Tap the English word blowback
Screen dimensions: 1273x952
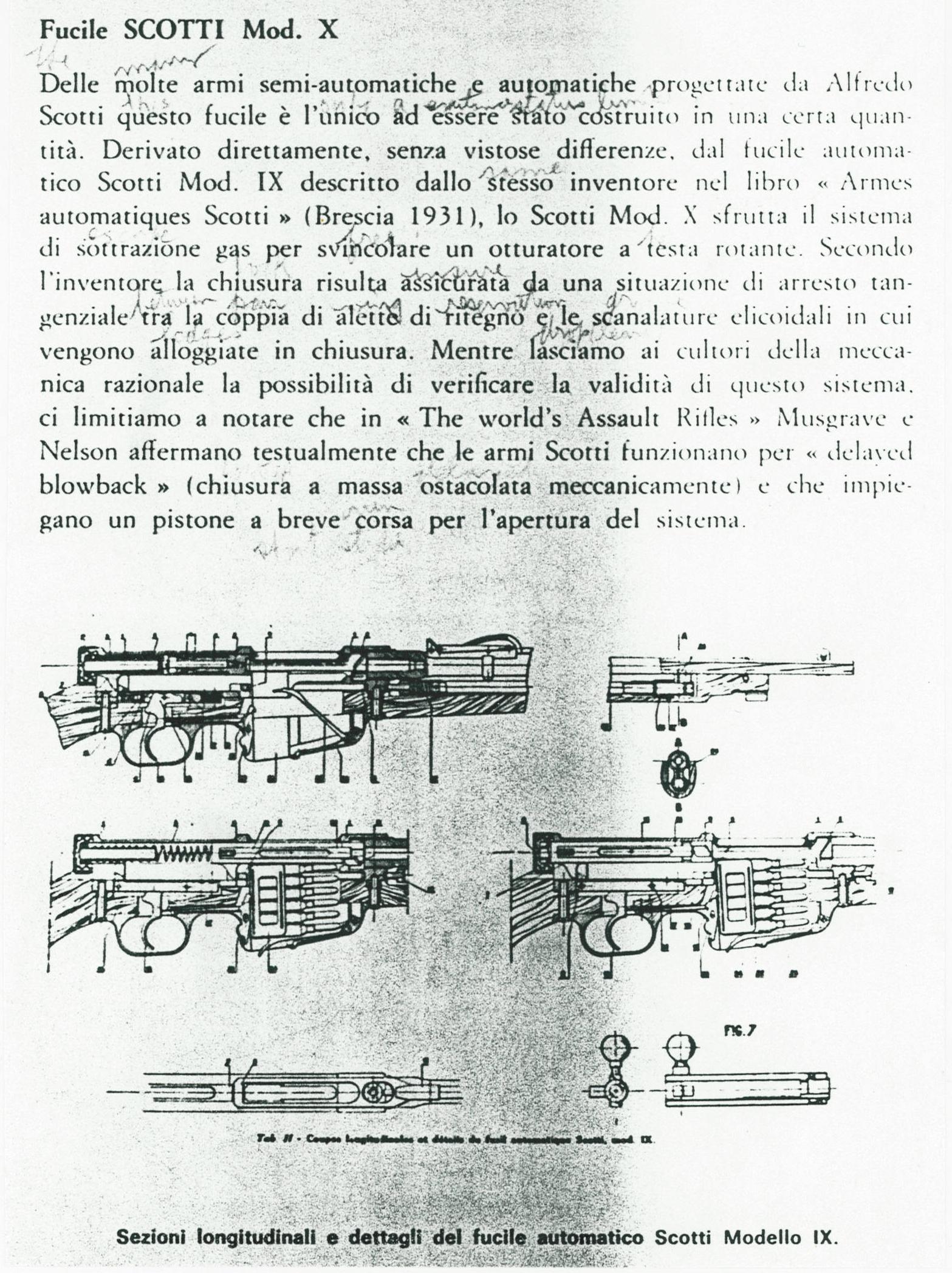(93, 485)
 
